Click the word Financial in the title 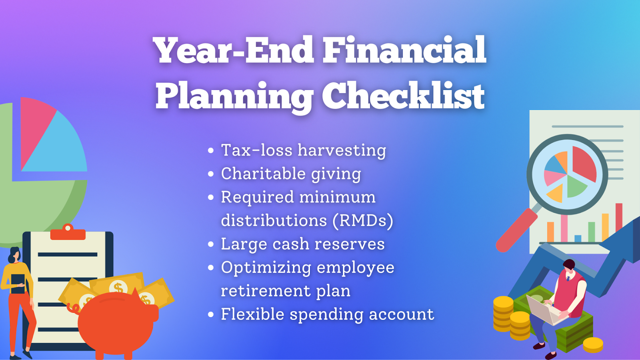point(404,50)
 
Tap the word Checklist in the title point(403,96)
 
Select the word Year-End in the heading point(234,50)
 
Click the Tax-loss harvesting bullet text point(304,150)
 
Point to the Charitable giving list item point(291,174)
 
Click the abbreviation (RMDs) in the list point(363,220)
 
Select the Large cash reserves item point(303,244)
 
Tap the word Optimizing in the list point(266,268)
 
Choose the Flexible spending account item point(328,314)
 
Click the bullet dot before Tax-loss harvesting point(211,150)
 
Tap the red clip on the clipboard point(68,232)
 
